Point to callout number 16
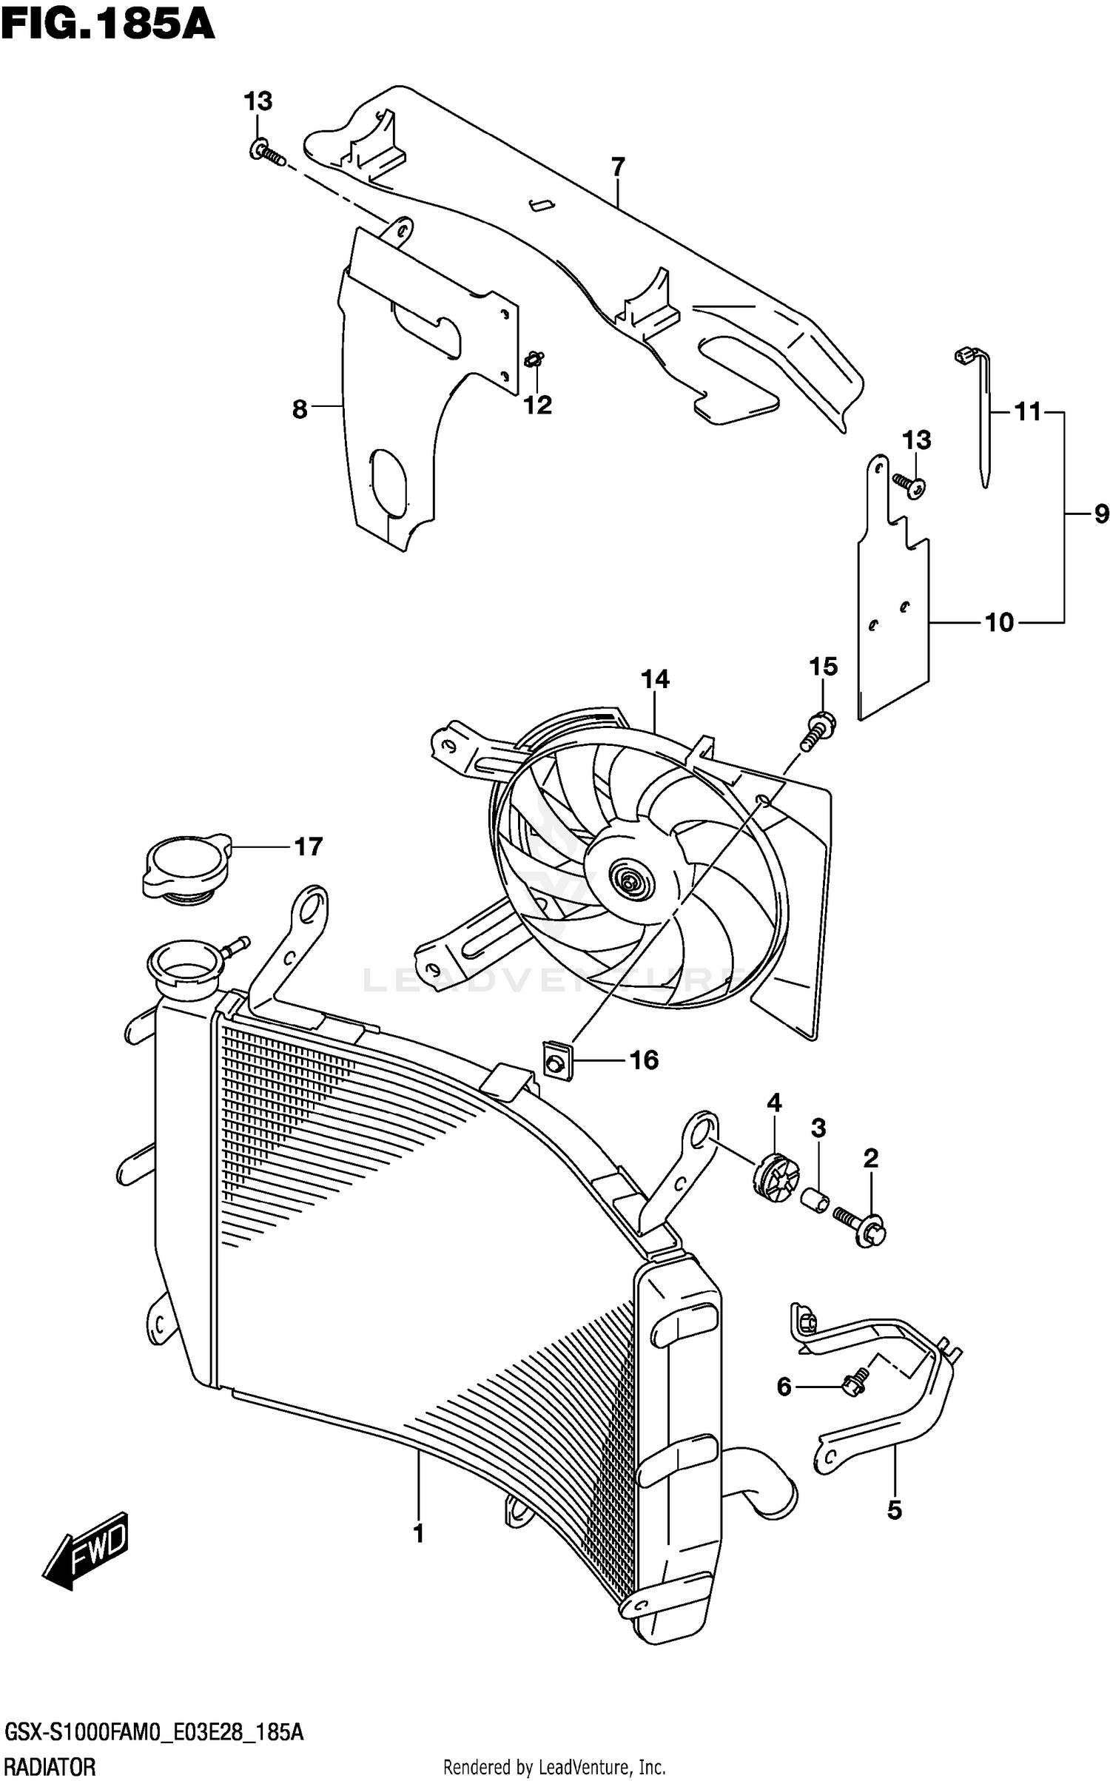[x=643, y=1060]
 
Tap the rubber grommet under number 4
[x=775, y=1178]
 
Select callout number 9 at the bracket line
[x=1100, y=514]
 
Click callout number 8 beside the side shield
[x=300, y=408]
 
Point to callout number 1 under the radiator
[x=418, y=1533]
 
